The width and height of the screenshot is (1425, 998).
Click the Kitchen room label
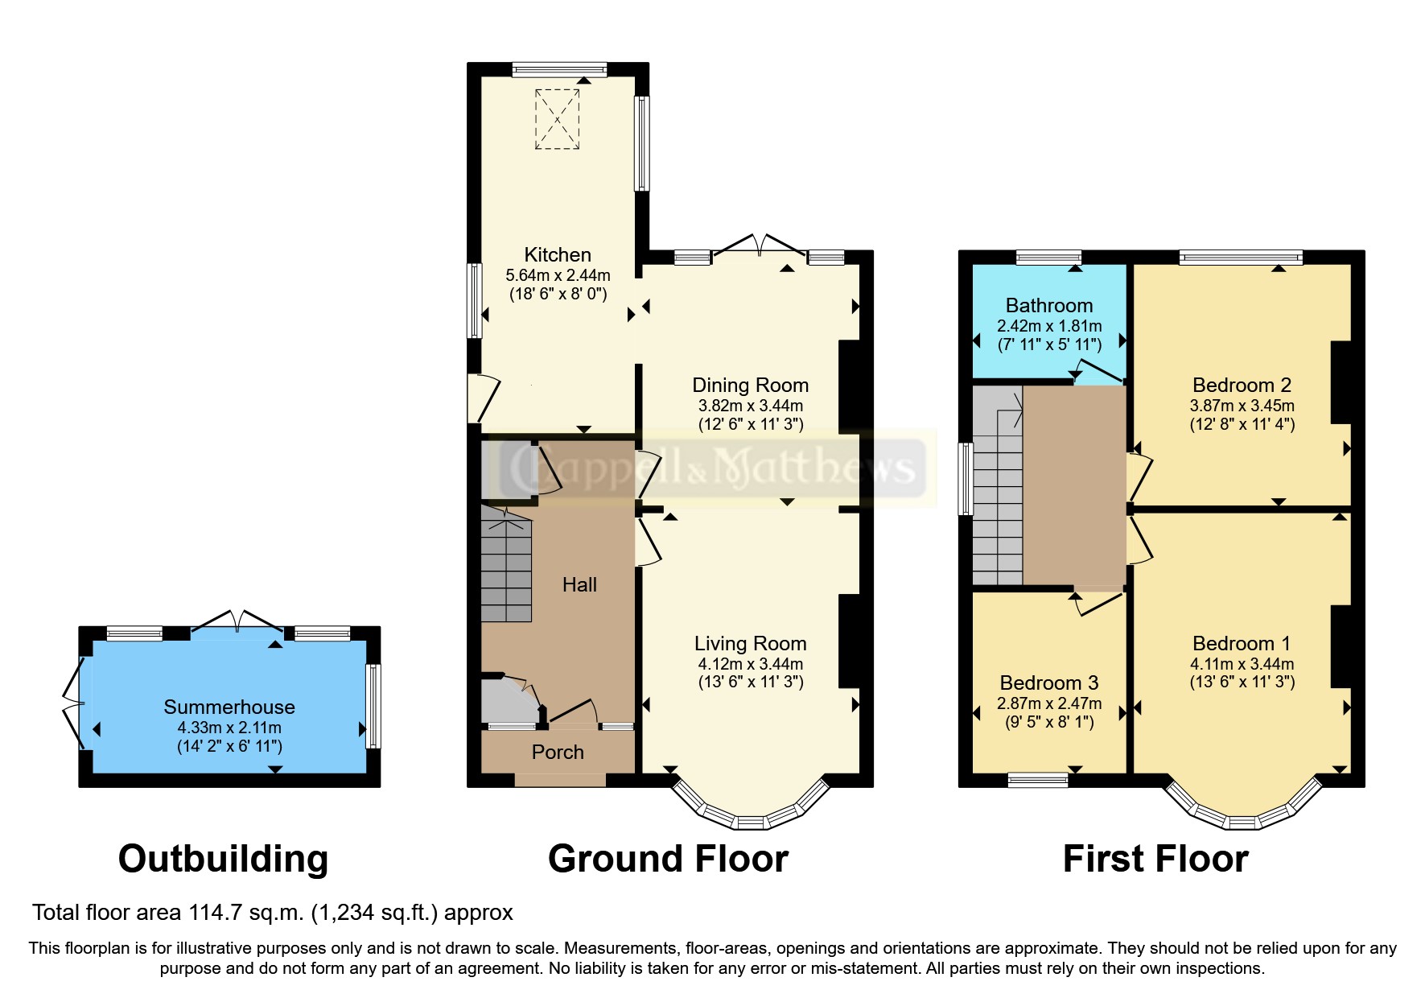[x=558, y=255]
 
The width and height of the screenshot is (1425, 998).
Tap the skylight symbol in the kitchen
[x=557, y=119]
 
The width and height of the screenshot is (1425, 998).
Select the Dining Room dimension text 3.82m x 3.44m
[x=750, y=406]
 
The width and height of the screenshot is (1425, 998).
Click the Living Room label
[x=750, y=644]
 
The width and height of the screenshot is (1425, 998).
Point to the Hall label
[x=579, y=585]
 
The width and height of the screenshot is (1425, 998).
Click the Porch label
[x=558, y=753]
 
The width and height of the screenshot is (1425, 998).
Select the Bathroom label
[x=1049, y=306]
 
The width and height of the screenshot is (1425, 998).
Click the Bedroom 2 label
[x=1242, y=386]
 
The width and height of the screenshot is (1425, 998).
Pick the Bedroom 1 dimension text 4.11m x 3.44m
[x=1242, y=664]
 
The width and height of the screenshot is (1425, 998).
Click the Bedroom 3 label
[x=1049, y=683]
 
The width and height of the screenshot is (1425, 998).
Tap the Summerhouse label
[x=229, y=707]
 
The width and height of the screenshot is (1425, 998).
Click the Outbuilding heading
[x=223, y=859]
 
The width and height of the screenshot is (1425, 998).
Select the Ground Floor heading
[x=668, y=859]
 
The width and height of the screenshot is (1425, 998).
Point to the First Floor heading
[x=1155, y=859]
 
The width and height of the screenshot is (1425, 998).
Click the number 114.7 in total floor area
[x=215, y=913]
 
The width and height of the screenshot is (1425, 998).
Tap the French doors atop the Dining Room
[x=760, y=245]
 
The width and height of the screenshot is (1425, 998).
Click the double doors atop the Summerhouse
[x=237, y=621]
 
